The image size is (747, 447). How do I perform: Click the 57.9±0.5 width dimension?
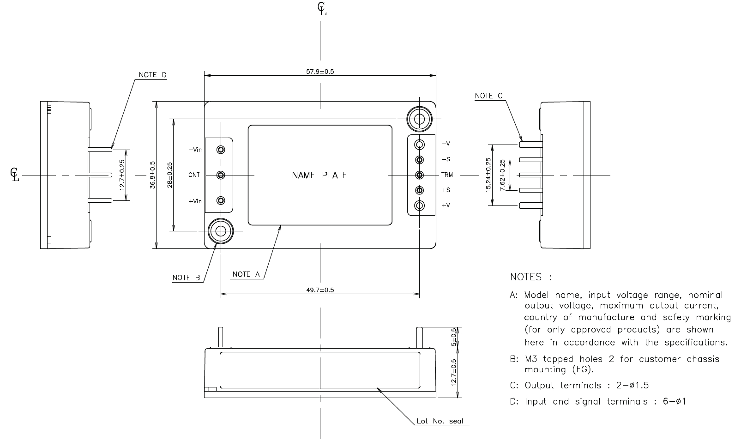[x=320, y=72]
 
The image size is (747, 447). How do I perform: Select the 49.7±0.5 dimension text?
[x=320, y=290]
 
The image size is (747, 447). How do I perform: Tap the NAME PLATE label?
[x=319, y=175]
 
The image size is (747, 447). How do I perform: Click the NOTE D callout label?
[x=152, y=75]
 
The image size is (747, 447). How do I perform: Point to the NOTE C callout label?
[x=488, y=96]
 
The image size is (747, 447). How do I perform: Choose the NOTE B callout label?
[x=186, y=278]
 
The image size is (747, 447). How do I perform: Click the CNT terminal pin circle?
[x=221, y=175]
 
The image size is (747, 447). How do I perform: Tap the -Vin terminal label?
[x=195, y=150]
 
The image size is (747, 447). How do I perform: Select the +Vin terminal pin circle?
[x=221, y=200]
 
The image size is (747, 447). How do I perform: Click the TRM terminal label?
[x=447, y=175]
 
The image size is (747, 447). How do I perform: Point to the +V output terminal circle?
[x=420, y=205]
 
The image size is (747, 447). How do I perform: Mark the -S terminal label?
[x=446, y=159]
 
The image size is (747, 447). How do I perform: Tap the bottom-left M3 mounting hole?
[x=220, y=230]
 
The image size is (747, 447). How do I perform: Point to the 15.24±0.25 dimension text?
[x=488, y=175]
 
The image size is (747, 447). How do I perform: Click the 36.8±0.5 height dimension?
[x=153, y=175]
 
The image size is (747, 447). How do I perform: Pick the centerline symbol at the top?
[x=322, y=9]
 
